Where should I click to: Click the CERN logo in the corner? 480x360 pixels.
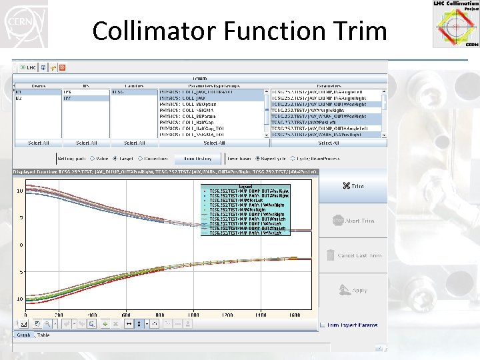[x=23, y=23]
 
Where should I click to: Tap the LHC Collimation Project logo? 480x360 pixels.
[x=456, y=24]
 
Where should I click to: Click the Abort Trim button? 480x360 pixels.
[x=353, y=221]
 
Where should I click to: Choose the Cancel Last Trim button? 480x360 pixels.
[x=353, y=255]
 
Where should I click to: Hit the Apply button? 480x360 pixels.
[x=353, y=291]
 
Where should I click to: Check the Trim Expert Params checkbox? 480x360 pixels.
[x=323, y=325]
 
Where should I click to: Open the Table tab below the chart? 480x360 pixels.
[x=43, y=335]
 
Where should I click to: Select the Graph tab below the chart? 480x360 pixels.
[x=23, y=335]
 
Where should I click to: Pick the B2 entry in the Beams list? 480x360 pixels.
[x=19, y=98]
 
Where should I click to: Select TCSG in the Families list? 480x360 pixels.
[x=118, y=92]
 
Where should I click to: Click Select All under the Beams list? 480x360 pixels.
[x=38, y=143]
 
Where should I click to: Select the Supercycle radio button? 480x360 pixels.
[x=248, y=159]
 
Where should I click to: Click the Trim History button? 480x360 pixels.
[x=198, y=159]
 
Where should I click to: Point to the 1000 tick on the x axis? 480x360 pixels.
[x=193, y=314]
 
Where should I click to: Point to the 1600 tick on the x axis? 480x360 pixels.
[x=294, y=314]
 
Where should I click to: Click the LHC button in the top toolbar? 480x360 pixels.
[x=28, y=67]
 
